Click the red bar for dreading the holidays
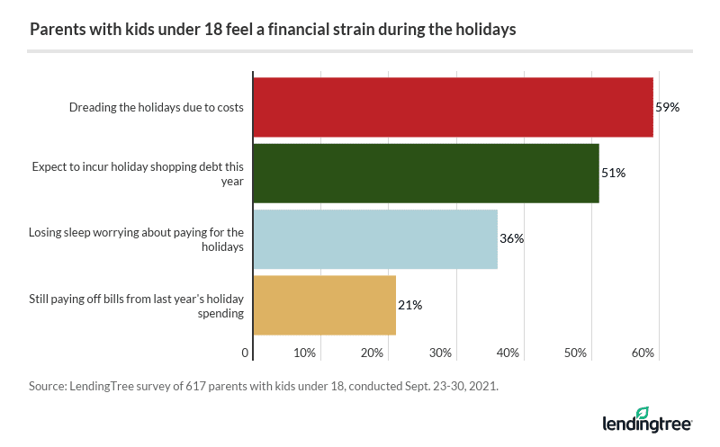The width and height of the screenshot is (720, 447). [453, 107]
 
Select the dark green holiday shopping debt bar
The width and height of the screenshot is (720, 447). [426, 173]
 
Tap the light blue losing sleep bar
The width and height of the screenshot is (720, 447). [375, 238]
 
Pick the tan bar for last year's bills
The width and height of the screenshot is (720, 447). [325, 305]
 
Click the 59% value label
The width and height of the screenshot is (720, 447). [667, 107]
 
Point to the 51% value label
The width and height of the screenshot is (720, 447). [613, 173]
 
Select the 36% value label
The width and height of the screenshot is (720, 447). [511, 238]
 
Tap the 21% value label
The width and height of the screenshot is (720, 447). [410, 305]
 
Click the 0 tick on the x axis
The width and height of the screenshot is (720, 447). [246, 352]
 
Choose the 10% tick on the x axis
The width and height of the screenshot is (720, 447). [306, 352]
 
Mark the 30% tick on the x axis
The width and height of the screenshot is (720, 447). [441, 352]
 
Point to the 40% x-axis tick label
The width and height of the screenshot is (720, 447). [508, 352]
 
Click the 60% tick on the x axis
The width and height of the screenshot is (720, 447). [643, 352]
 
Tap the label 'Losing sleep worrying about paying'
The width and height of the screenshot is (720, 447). [136, 232]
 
